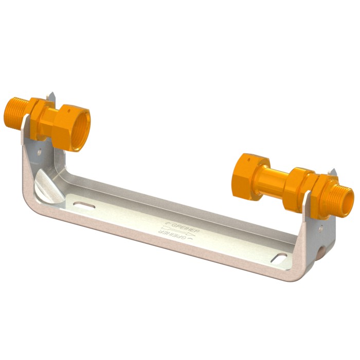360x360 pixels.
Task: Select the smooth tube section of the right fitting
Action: coord(273,180)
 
